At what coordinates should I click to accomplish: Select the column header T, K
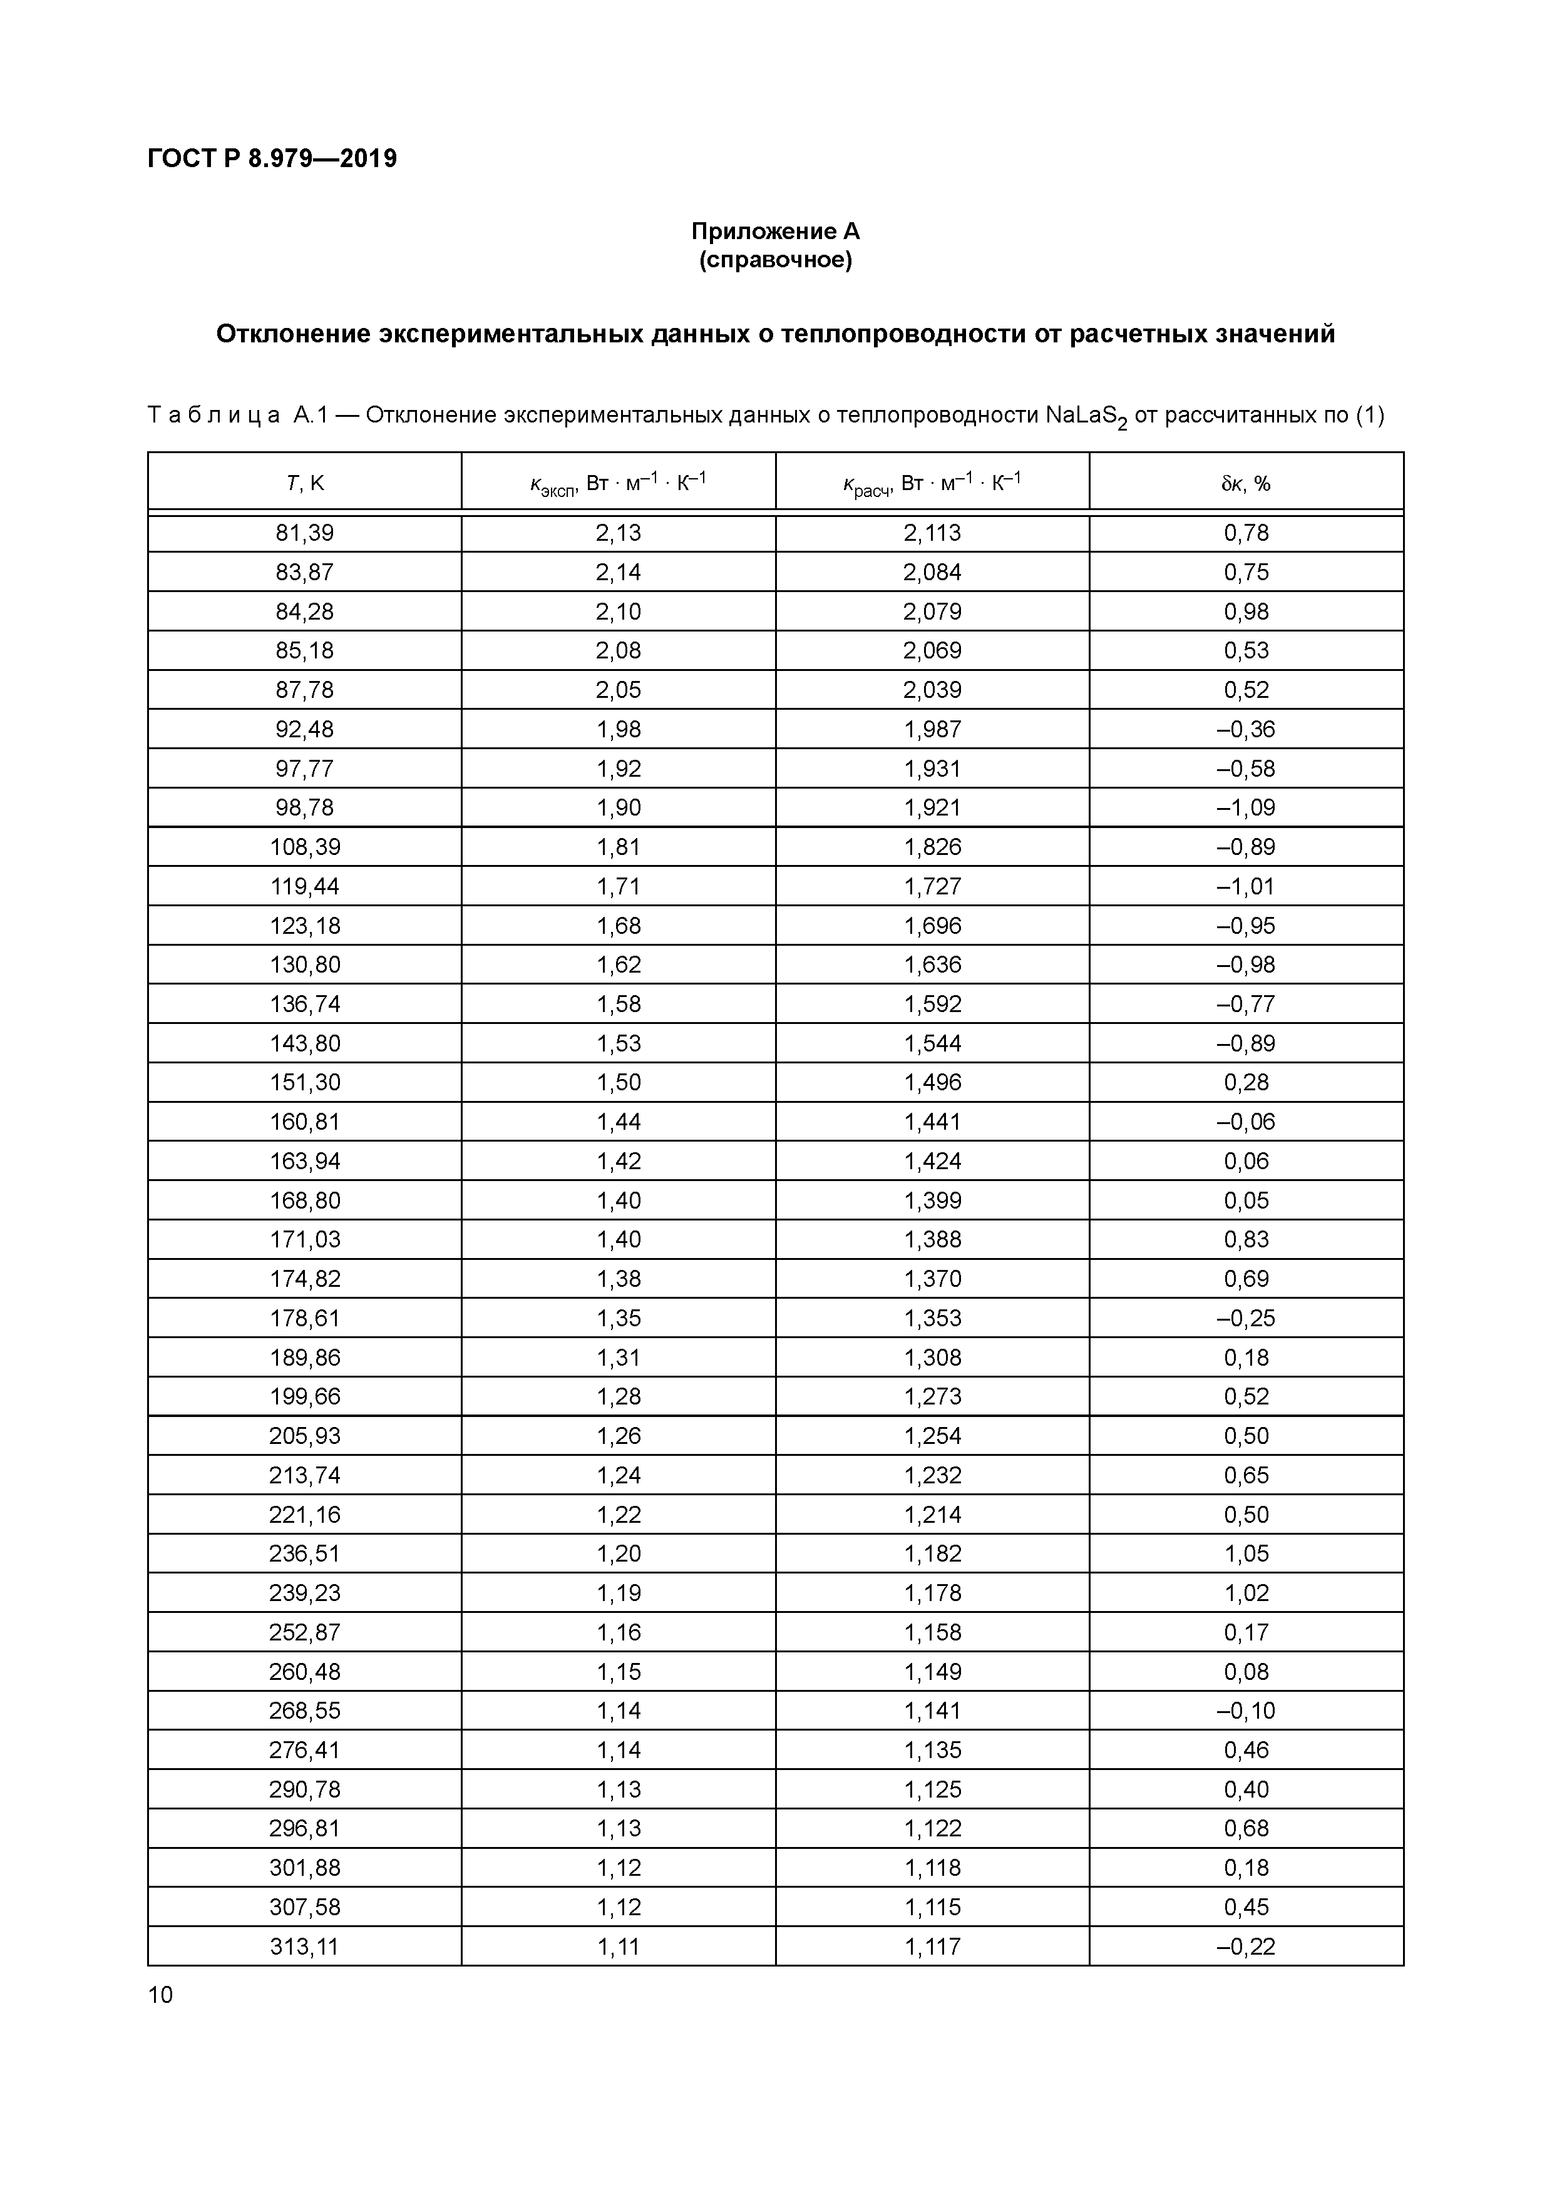tap(305, 484)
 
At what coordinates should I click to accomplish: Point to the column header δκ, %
tap(1246, 484)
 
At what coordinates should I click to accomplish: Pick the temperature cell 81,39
tap(305, 533)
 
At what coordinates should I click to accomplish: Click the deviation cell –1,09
tap(1246, 808)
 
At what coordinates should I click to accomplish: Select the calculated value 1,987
tap(932, 729)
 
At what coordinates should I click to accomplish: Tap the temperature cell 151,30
tap(305, 1082)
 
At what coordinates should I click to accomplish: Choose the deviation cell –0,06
tap(1246, 1122)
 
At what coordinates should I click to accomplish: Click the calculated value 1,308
tap(932, 1358)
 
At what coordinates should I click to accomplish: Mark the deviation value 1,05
tap(1246, 1553)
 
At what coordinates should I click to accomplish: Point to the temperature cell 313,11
tap(305, 1947)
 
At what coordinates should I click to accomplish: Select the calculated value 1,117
tap(932, 1947)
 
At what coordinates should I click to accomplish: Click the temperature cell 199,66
tap(305, 1397)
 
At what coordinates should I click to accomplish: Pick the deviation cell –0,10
tap(1246, 1711)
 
